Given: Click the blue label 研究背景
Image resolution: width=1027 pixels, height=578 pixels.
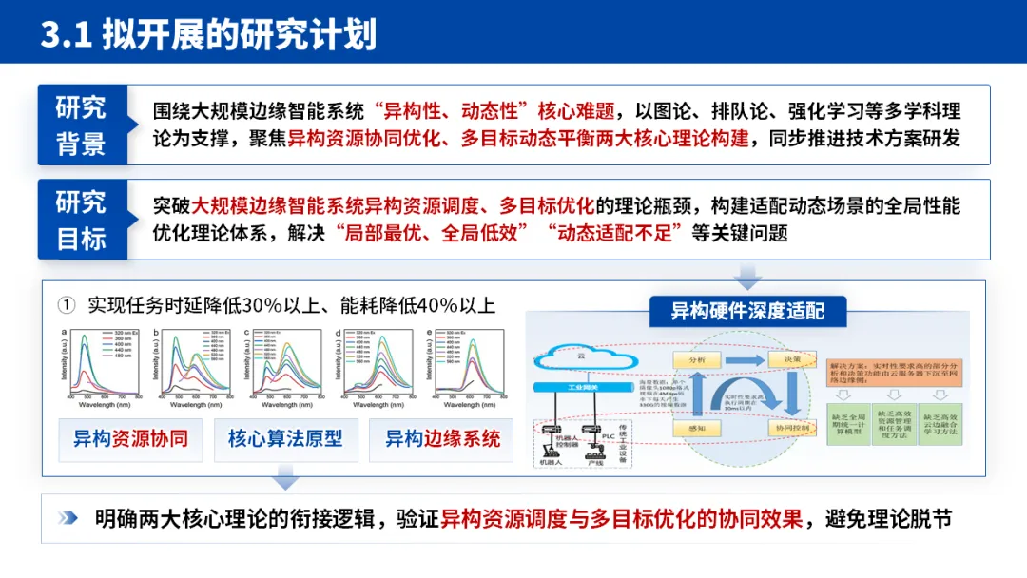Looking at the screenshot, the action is pos(81,125).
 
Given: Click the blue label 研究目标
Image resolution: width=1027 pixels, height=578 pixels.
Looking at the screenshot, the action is pos(81,220).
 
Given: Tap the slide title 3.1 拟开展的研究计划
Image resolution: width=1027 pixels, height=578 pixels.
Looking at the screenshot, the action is pos(208,34).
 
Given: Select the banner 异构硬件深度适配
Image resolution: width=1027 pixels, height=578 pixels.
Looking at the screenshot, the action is pos(747,311).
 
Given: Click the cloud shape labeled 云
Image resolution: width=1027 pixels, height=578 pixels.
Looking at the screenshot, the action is pos(579,356).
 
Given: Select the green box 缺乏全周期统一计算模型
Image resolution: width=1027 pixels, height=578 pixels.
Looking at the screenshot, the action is pos(847,423).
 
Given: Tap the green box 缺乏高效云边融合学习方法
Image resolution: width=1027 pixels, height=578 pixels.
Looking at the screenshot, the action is pos(939,423).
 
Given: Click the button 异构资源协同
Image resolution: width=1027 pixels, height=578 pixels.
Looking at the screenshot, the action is pos(130,439).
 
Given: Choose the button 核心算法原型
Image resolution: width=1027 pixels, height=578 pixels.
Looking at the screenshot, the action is pos(285,439).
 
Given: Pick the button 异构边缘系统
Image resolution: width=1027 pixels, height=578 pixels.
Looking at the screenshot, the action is pos(441,439).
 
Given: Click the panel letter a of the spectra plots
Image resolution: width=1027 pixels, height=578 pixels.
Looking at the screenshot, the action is pos(65,333).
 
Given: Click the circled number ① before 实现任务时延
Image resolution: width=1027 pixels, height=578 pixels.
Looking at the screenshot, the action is pos(66,305).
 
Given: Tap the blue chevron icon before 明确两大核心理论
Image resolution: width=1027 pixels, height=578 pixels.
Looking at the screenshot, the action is pos(68,518).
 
